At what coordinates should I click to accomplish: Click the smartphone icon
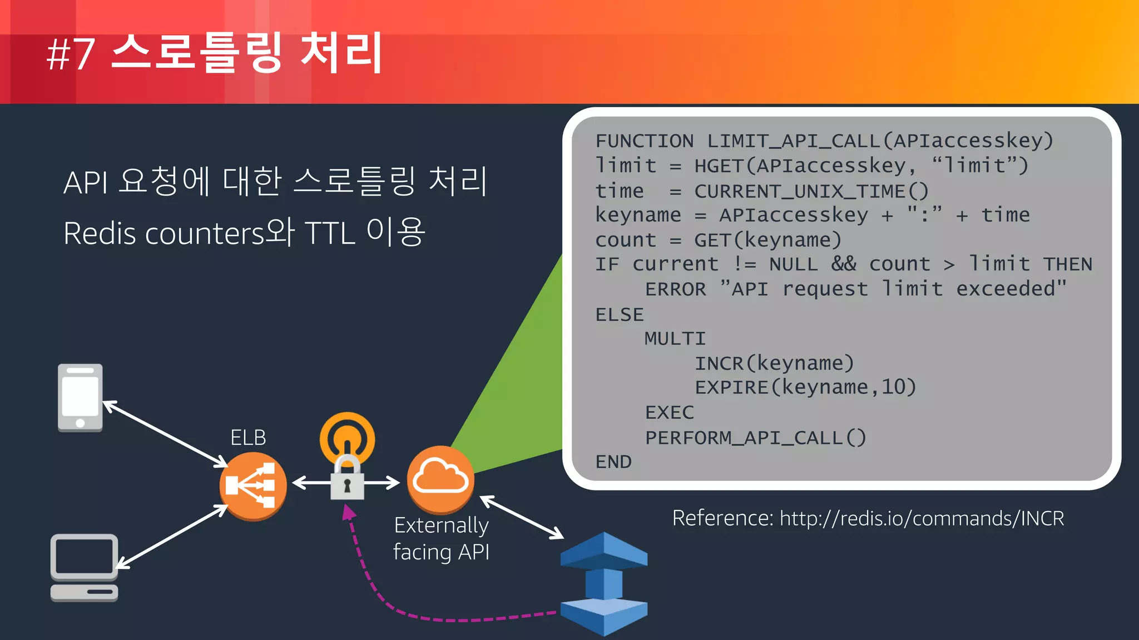pos(80,397)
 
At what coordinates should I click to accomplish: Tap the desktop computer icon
pos(85,567)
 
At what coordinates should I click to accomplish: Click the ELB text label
pos(248,438)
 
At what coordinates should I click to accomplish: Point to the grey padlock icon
pos(347,478)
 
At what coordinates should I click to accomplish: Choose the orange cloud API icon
pos(440,479)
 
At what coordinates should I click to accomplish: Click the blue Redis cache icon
pos(604,583)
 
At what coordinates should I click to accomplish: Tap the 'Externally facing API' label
pos(441,538)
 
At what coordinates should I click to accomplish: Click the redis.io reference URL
pos(922,518)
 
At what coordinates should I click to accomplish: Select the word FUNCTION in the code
pos(644,141)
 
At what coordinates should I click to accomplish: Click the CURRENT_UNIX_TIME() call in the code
pos(811,191)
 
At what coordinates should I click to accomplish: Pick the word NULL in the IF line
pos(793,264)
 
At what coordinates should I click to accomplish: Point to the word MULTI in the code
pos(675,338)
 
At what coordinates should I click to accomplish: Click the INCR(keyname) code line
pos(774,363)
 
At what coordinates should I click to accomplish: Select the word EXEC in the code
pos(669,412)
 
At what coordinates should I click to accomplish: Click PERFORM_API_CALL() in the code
pos(755,438)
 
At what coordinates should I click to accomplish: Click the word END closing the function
pos(613,462)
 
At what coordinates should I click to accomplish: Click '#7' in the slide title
pos(71,54)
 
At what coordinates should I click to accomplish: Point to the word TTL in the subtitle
pos(330,233)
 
